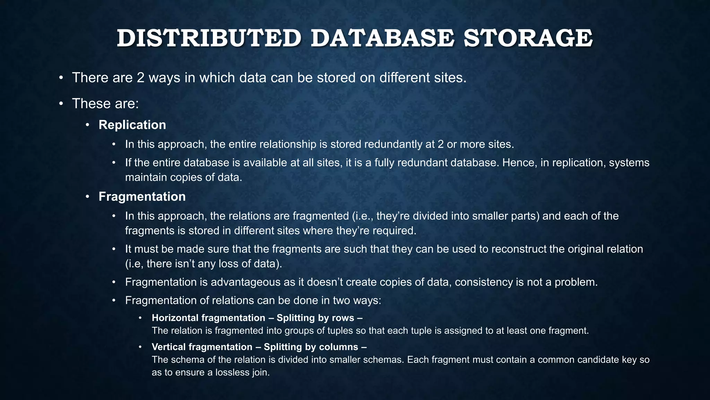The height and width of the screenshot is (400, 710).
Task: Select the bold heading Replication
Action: [132, 125]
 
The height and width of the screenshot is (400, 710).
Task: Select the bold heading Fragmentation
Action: [142, 197]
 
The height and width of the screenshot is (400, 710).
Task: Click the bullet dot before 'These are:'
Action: [61, 103]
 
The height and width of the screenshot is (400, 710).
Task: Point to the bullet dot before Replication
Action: [88, 125]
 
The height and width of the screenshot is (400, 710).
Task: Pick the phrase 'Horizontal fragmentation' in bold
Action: [208, 318]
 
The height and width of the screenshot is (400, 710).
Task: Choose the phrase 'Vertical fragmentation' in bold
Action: [202, 347]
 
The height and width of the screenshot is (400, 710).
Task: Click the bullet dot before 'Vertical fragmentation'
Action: [140, 347]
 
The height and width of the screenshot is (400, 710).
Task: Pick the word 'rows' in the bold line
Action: [343, 318]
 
